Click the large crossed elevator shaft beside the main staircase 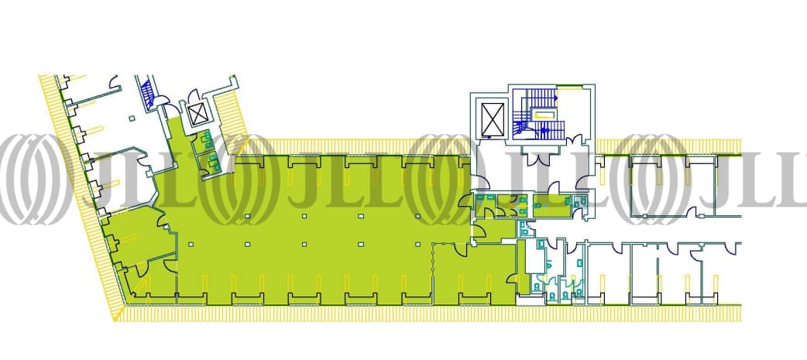click(x=493, y=118)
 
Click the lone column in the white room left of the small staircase click(x=131, y=118)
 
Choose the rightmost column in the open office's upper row click(x=417, y=215)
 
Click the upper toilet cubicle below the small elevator click(x=206, y=140)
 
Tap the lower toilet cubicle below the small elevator click(x=209, y=161)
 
